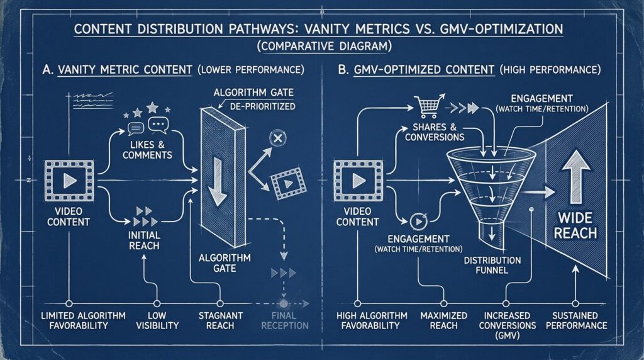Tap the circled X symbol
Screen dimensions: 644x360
[x=277, y=138]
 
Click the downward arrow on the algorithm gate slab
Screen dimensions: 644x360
[x=217, y=181]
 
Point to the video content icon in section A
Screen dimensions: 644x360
[x=69, y=181]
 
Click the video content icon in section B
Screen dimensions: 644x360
[x=358, y=181]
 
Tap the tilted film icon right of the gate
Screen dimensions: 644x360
[x=288, y=183]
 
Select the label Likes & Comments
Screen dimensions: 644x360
[x=147, y=150]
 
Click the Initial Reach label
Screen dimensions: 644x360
[x=144, y=240]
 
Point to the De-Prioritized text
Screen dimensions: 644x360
[x=262, y=106]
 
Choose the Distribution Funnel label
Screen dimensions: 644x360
[x=492, y=265]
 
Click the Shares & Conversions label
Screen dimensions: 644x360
[x=435, y=132]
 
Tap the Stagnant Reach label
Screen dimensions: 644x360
[x=221, y=320]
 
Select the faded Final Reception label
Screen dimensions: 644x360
[x=285, y=320]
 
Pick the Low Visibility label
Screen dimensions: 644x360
[x=157, y=320]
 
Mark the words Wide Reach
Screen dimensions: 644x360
[x=575, y=225]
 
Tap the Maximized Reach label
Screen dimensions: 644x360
[x=443, y=320]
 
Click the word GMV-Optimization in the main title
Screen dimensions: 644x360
[x=498, y=29]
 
